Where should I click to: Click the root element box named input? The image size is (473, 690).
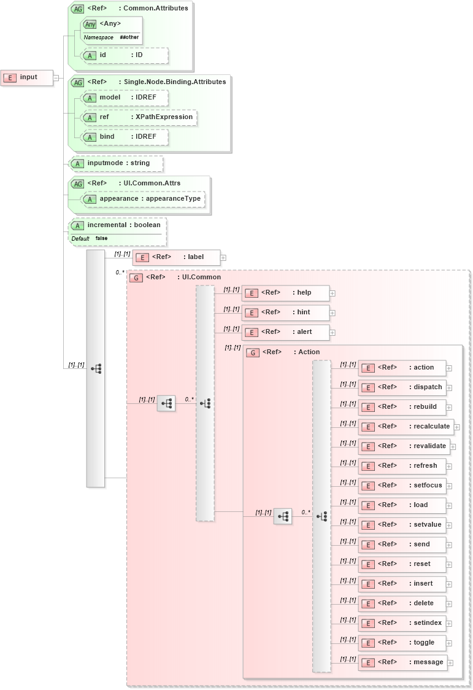27,77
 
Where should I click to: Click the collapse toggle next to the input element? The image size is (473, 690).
56,78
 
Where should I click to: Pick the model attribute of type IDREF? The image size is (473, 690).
125,98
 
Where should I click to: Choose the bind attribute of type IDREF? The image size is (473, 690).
125,137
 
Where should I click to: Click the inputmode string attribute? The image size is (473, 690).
117,163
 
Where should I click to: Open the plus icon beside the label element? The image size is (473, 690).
223,258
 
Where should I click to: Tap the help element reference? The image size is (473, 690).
285,293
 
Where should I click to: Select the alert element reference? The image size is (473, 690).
285,332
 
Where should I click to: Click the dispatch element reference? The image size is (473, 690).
402,387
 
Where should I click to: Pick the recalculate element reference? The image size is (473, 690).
406,427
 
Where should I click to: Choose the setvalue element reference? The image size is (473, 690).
402,525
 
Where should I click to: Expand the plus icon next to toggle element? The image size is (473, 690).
450,643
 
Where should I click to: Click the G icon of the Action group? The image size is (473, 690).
252,352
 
